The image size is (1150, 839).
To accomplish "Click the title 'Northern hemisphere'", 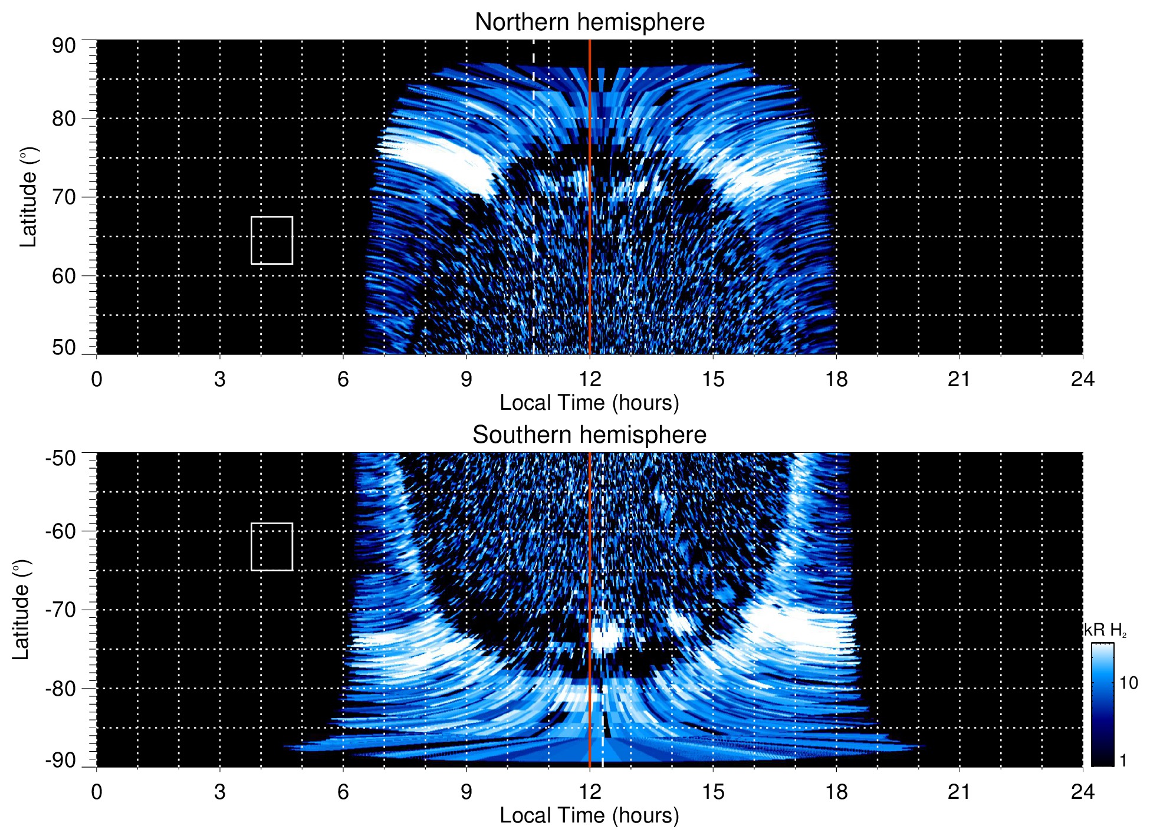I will point(589,22).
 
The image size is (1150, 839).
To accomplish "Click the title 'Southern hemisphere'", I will point(589,435).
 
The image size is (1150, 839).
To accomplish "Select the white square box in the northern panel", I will point(272,240).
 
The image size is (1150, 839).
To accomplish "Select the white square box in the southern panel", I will point(272,547).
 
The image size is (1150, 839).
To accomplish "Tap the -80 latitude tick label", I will point(61,688).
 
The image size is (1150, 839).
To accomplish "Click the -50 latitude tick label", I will point(61,458).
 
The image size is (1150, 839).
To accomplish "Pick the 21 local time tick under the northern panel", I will point(959,379).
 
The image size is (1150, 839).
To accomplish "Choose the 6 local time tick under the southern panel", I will point(343,792).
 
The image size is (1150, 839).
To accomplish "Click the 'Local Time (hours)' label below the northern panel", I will point(589,403).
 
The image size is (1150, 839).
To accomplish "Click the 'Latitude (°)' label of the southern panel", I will point(21,610).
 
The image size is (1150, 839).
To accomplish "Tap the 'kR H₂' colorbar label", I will point(1105,630).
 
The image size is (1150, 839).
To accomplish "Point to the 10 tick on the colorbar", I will point(1128,683).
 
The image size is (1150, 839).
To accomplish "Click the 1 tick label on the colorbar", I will point(1123,761).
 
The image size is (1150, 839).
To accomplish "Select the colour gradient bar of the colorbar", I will point(1102,705).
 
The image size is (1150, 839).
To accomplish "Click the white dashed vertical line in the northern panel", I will point(534,177).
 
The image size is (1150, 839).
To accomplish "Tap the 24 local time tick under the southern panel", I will point(1082,792).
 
